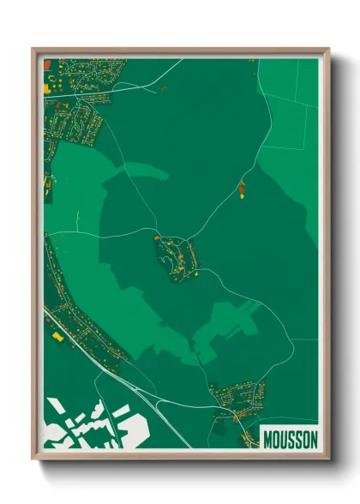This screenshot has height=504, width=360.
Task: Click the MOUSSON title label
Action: pos(290,439)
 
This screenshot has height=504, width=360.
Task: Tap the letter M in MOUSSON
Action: pos(267,439)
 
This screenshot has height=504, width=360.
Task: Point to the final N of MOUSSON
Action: pos(313,439)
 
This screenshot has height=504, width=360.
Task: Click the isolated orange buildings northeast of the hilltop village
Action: pos(241,189)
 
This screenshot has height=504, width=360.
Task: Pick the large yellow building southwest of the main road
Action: pos(57,337)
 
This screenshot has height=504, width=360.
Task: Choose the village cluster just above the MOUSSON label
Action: pos(237,399)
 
